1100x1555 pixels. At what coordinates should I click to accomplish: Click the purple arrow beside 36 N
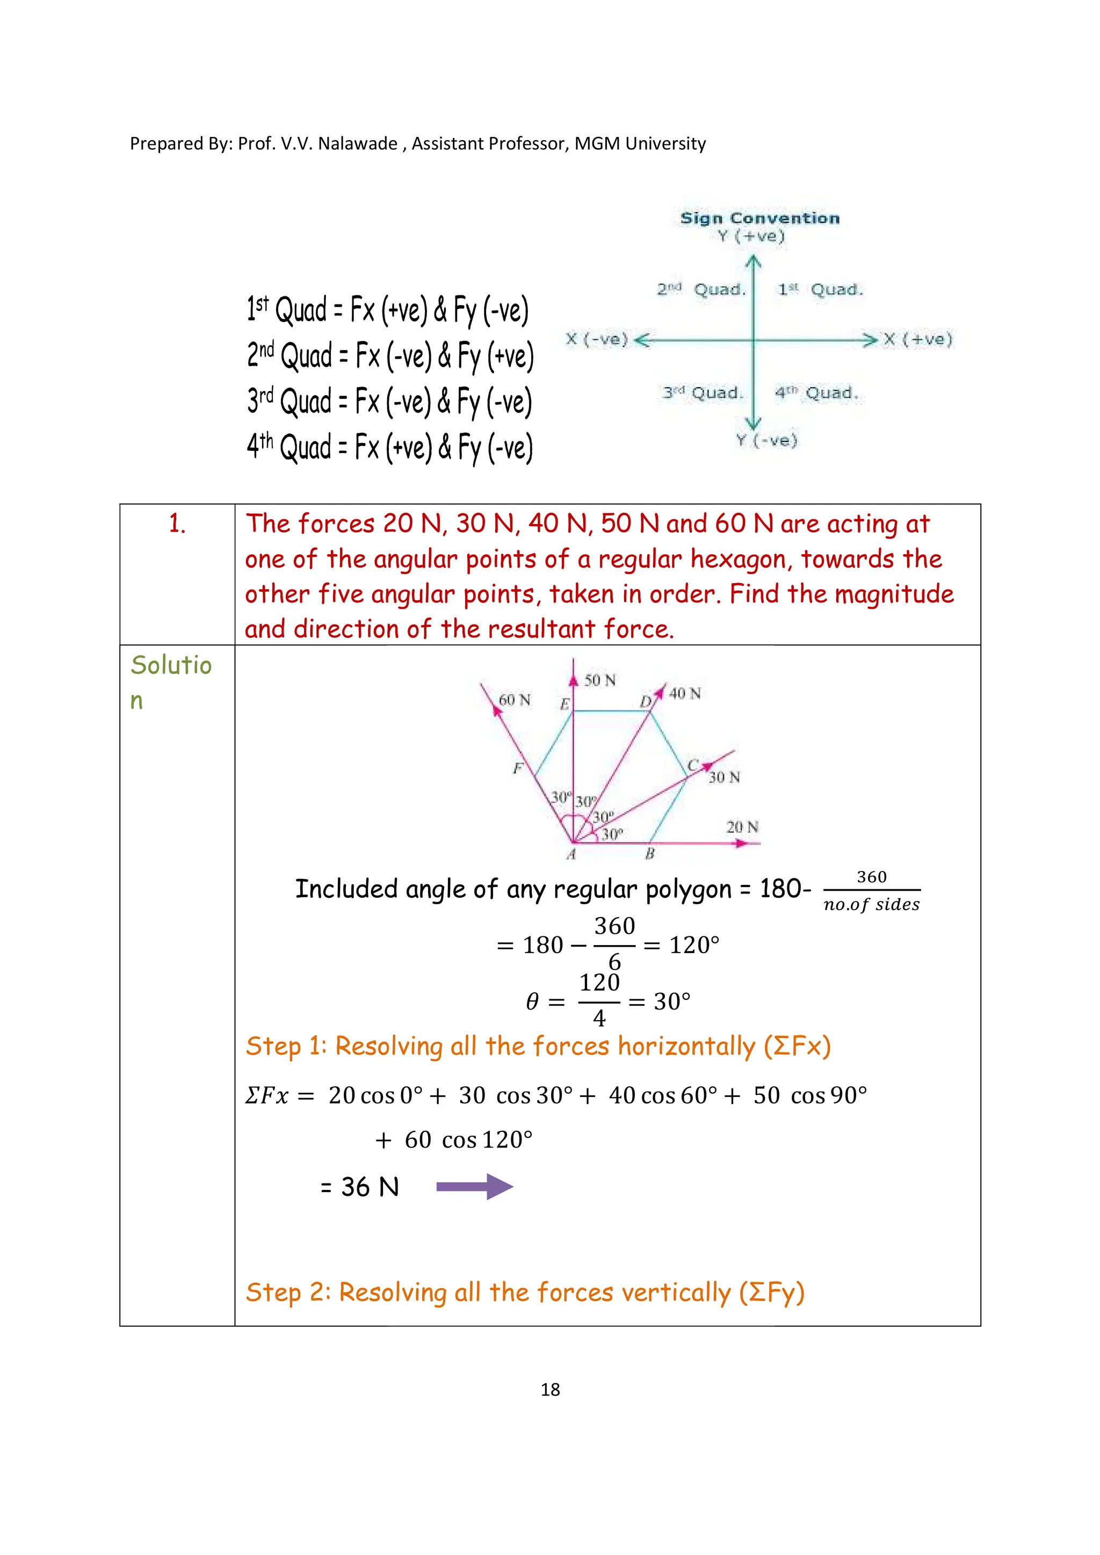[474, 1186]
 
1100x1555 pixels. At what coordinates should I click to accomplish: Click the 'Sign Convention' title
[759, 218]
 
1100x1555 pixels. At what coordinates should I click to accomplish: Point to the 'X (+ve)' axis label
[918, 339]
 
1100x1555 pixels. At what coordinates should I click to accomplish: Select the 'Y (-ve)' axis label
[767, 441]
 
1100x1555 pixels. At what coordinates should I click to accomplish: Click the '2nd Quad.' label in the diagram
[701, 290]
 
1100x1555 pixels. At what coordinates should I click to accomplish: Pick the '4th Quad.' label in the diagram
[816, 393]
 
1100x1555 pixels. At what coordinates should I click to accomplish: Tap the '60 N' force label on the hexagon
[514, 700]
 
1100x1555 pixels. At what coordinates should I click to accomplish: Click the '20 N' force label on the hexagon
[742, 827]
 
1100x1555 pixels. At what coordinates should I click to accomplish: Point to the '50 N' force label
[599, 680]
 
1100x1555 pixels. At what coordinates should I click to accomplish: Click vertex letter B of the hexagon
[649, 854]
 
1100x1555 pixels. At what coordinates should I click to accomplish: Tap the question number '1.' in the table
[177, 524]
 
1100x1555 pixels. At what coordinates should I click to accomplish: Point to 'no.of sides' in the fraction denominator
[871, 905]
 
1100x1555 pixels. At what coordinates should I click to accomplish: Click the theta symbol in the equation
[532, 1001]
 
